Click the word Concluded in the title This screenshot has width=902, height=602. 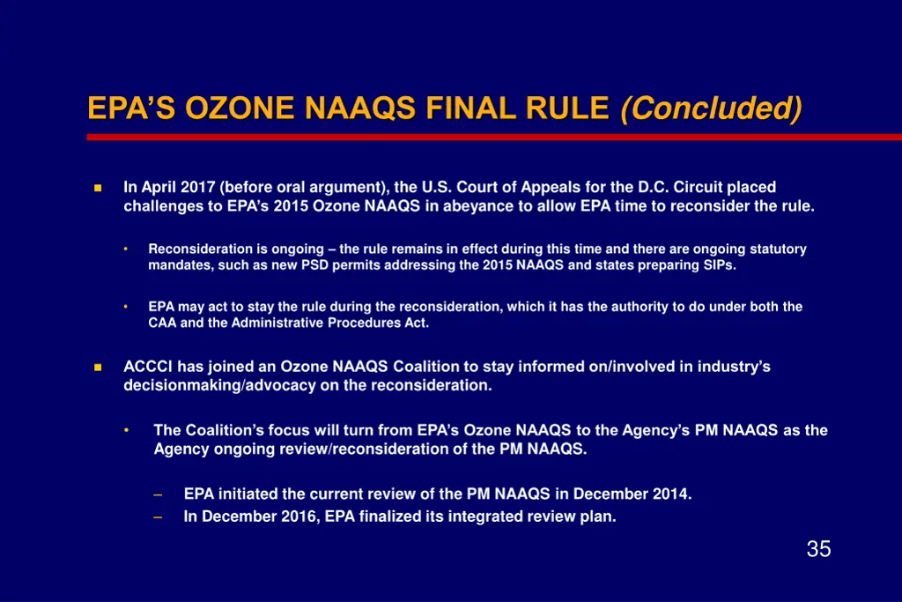point(711,109)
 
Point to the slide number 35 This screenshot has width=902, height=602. point(818,550)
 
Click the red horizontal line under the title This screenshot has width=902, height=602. point(493,137)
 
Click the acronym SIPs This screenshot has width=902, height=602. point(717,265)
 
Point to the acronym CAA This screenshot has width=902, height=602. point(163,323)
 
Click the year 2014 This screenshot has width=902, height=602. point(675,494)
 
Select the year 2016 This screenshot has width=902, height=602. point(300,517)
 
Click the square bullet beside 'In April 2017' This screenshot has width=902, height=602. point(98,188)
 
